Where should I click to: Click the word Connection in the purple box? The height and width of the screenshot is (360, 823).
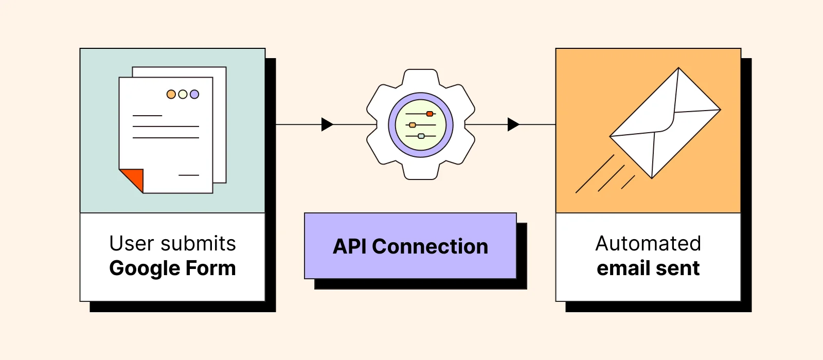(x=430, y=247)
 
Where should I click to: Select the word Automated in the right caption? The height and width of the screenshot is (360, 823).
(x=648, y=244)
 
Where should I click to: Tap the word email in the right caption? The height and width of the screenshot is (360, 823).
(x=620, y=268)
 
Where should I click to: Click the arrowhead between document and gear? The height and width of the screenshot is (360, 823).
(x=327, y=124)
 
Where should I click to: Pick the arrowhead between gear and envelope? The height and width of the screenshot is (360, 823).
(x=513, y=124)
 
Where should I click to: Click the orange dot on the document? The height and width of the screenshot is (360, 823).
(x=171, y=94)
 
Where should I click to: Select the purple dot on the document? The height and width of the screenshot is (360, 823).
(x=194, y=94)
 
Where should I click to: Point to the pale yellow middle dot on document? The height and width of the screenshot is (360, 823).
(x=183, y=94)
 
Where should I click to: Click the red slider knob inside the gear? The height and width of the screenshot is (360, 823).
(x=430, y=114)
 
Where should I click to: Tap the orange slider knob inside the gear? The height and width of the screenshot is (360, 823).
(x=412, y=125)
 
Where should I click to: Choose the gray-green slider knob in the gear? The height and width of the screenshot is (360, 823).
(x=421, y=136)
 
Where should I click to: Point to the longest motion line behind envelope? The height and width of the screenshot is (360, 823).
(x=595, y=174)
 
